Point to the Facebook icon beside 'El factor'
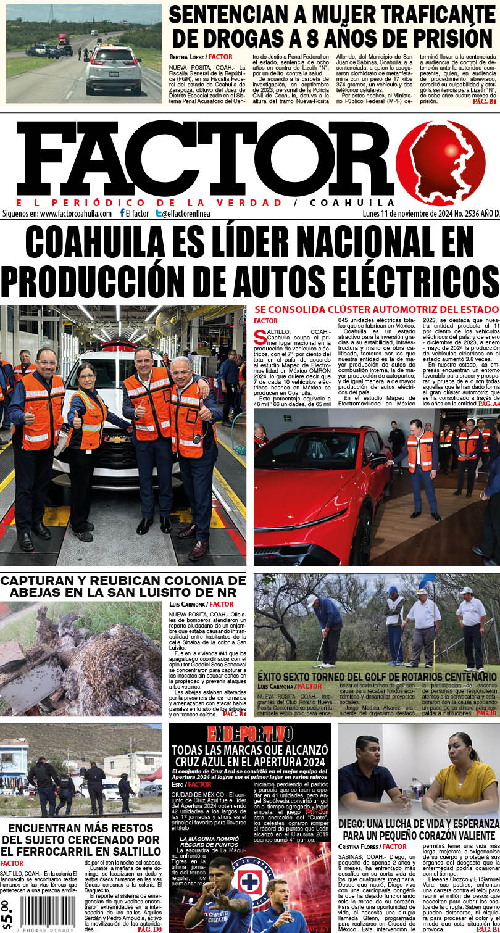[x=122, y=214]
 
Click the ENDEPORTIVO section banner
[x=250, y=734]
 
